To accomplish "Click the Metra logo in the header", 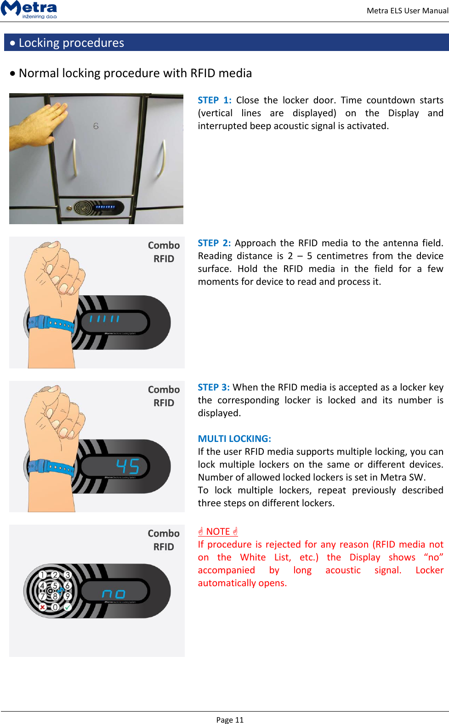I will click(29, 9).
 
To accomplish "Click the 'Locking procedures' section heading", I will click(71, 43).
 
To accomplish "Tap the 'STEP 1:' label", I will click(214, 100).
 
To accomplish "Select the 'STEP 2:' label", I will click(214, 243).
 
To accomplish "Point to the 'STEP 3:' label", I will click(214, 387).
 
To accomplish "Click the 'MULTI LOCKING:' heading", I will click(234, 439).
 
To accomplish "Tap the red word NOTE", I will click(218, 532).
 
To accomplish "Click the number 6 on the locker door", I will click(96, 126).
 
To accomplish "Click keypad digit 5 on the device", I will click(55, 586).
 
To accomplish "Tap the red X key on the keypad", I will click(43, 607).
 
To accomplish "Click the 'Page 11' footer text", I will click(230, 720).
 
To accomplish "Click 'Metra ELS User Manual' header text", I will click(407, 11).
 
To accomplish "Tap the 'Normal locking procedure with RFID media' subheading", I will click(135, 73).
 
